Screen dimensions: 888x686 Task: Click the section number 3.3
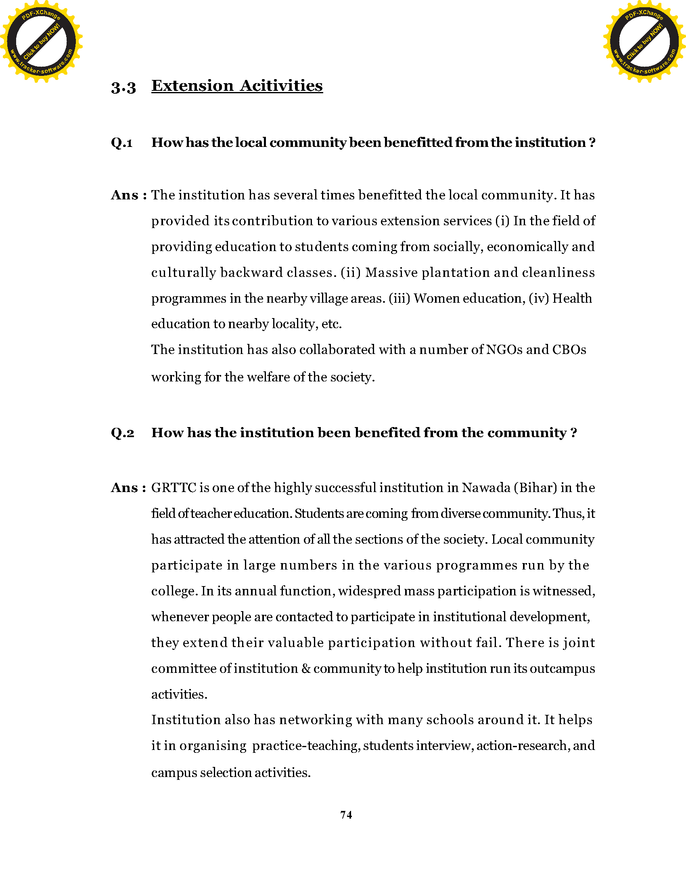[x=123, y=88]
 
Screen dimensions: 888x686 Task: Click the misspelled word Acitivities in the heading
[x=281, y=86]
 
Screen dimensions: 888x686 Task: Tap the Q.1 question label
[x=121, y=143]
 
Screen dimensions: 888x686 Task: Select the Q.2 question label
[x=122, y=433]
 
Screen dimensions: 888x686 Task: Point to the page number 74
[x=346, y=815]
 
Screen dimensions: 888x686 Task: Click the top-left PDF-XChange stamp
[x=42, y=42]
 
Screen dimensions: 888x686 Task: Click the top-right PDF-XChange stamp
[x=644, y=42]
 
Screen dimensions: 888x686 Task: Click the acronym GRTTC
[x=174, y=488]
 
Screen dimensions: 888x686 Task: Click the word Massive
[x=391, y=273]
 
